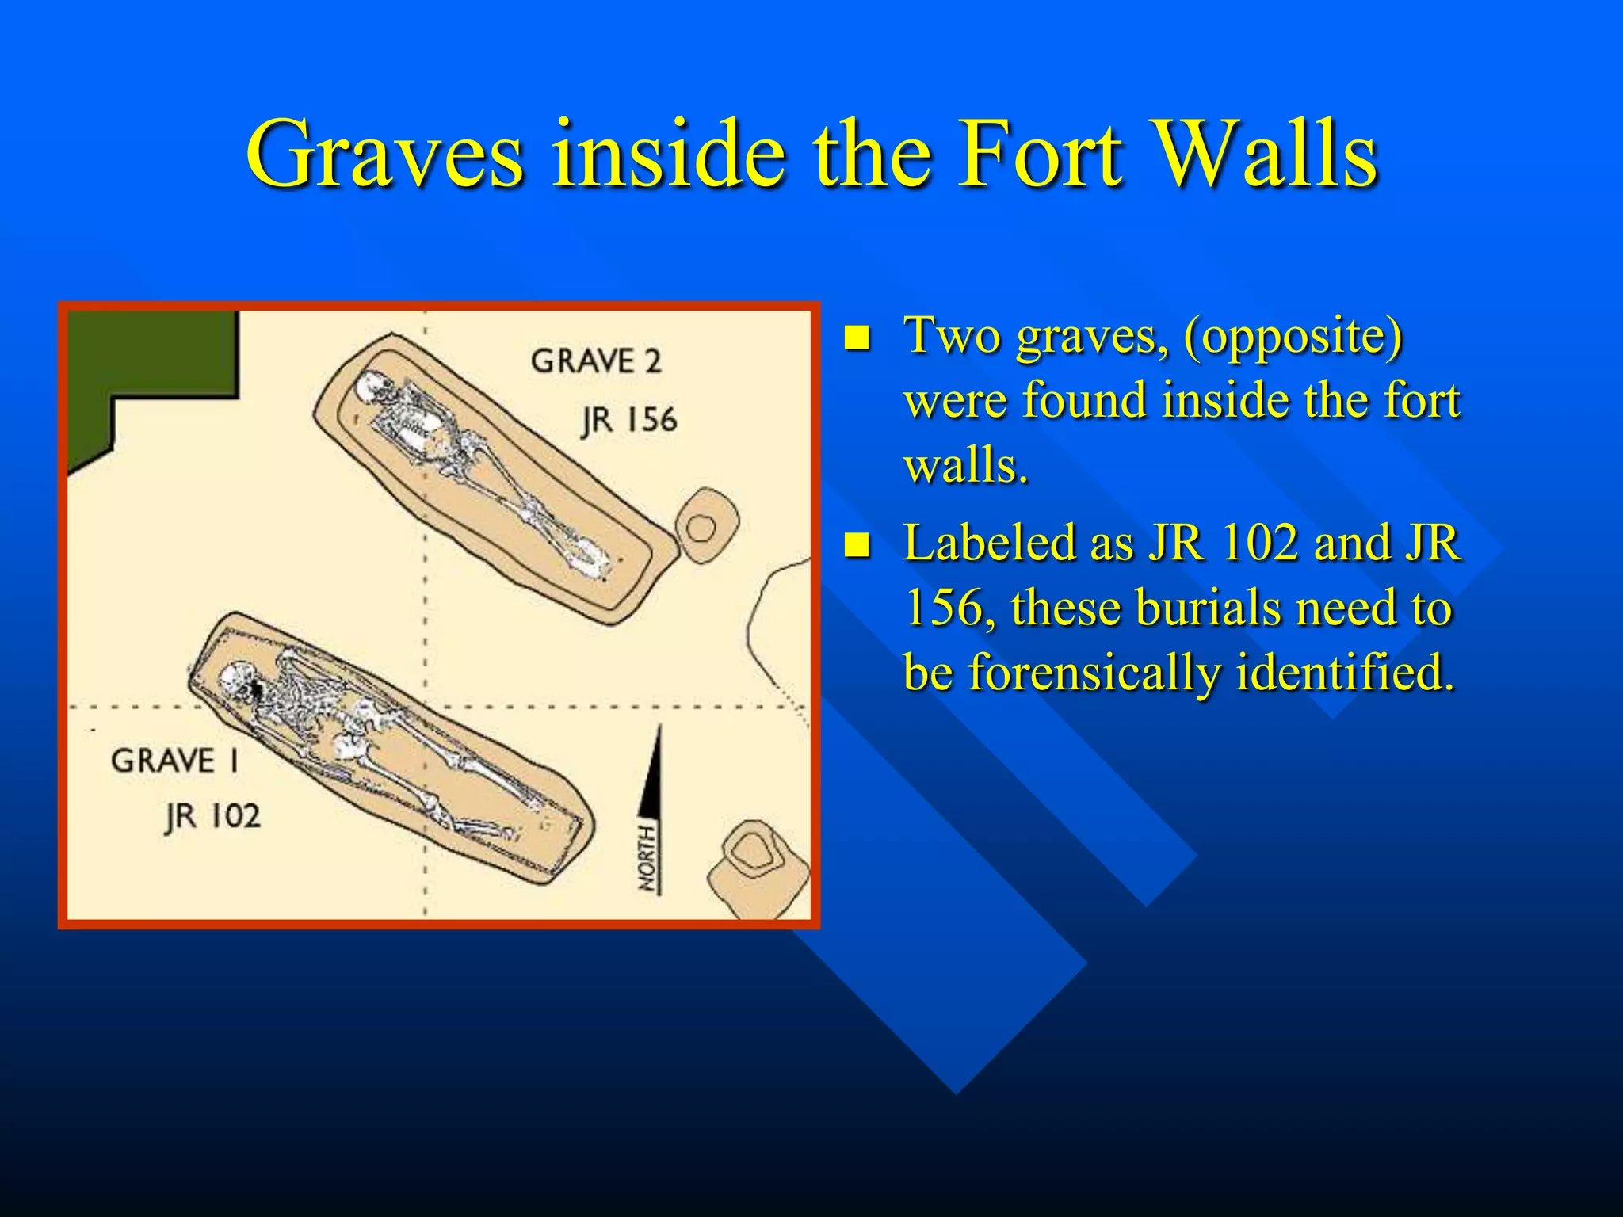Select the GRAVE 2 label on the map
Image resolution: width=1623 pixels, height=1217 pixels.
point(596,361)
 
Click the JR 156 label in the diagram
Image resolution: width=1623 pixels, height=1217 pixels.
point(629,420)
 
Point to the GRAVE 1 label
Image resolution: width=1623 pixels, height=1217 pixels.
point(175,761)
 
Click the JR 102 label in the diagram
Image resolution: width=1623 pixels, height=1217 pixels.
point(212,816)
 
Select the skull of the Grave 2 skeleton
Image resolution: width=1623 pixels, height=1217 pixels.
point(370,388)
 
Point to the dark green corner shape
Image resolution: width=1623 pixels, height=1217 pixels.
point(143,372)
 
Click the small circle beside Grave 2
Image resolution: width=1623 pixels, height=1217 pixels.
point(701,528)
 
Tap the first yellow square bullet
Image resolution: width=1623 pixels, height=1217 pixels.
point(857,338)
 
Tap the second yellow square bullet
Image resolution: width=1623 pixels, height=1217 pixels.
point(857,546)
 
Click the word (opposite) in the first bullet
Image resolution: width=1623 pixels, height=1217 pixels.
point(1293,336)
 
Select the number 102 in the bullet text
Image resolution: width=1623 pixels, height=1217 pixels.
point(1259,544)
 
